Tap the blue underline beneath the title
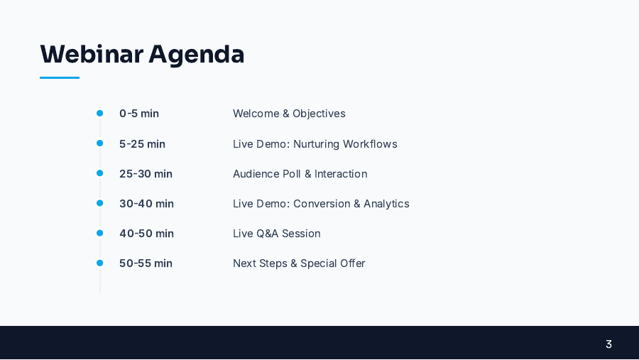point(60,77)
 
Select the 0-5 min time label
point(139,114)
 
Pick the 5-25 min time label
point(142,144)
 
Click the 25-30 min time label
point(146,174)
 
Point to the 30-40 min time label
point(146,204)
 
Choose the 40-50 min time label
point(146,234)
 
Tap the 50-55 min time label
point(146,263)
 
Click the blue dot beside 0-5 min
point(100,114)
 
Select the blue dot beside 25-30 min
point(100,173)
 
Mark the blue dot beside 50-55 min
point(100,263)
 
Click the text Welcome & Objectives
point(289,114)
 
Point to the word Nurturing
point(316,144)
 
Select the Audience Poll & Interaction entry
point(300,174)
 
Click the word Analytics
point(386,204)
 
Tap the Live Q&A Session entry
point(276,234)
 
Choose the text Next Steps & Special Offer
point(299,263)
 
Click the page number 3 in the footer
point(608,344)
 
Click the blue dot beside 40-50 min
point(100,233)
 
